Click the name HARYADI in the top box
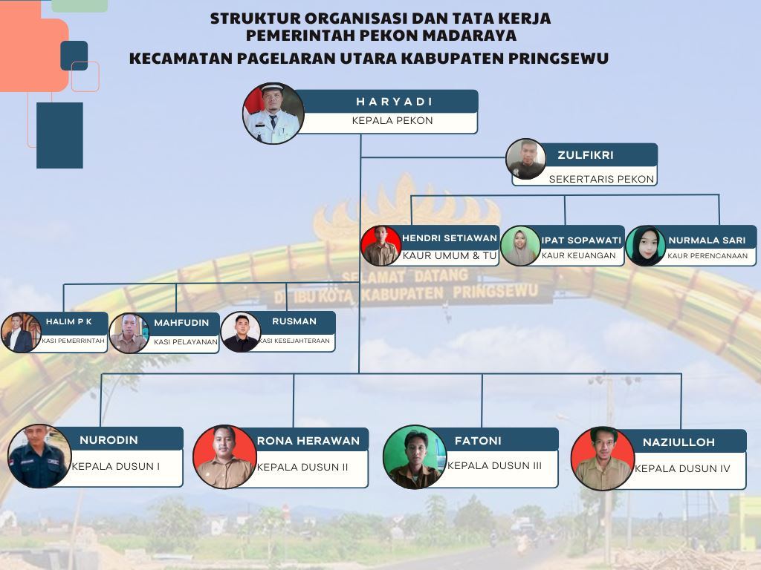click(394, 102)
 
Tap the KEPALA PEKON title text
click(392, 120)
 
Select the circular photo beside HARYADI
click(273, 113)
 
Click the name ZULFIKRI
click(585, 155)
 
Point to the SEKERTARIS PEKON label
click(601, 179)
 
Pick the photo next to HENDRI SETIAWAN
click(381, 246)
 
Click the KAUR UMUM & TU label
click(450, 255)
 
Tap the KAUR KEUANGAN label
click(579, 255)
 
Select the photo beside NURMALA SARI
click(646, 246)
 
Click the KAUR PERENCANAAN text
click(707, 255)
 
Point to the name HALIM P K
click(68, 321)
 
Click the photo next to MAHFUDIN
click(129, 333)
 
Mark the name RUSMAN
click(294, 321)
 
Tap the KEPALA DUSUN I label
click(116, 467)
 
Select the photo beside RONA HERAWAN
click(224, 456)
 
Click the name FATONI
click(478, 440)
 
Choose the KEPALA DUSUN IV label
click(682, 468)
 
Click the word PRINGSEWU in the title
click(562, 58)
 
